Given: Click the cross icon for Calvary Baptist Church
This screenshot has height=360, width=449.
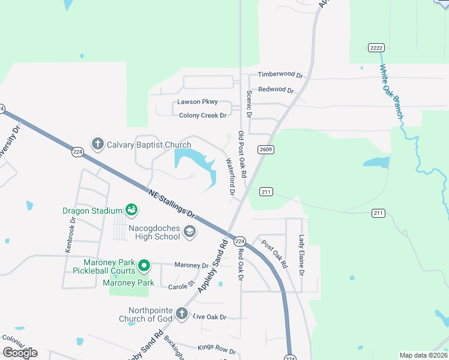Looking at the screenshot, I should click(x=97, y=144).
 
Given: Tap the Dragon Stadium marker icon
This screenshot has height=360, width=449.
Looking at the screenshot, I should click(x=131, y=210).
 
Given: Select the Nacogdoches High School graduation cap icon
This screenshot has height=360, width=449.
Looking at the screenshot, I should click(x=190, y=232).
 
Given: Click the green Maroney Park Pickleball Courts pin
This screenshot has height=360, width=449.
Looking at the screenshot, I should click(x=144, y=265).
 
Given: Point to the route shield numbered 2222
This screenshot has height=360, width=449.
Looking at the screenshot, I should click(x=376, y=47).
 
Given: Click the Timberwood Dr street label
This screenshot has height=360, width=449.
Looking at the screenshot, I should click(x=280, y=74).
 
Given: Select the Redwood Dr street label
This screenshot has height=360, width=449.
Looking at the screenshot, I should click(x=276, y=90).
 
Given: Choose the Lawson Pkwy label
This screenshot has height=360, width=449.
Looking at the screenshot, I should click(x=197, y=102).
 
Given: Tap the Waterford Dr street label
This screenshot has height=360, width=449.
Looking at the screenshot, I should click(x=229, y=176).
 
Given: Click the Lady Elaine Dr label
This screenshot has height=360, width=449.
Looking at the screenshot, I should click(x=302, y=256).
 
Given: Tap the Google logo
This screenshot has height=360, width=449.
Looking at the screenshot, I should click(x=20, y=352).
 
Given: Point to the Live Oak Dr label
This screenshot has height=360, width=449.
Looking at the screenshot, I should click(x=209, y=317).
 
